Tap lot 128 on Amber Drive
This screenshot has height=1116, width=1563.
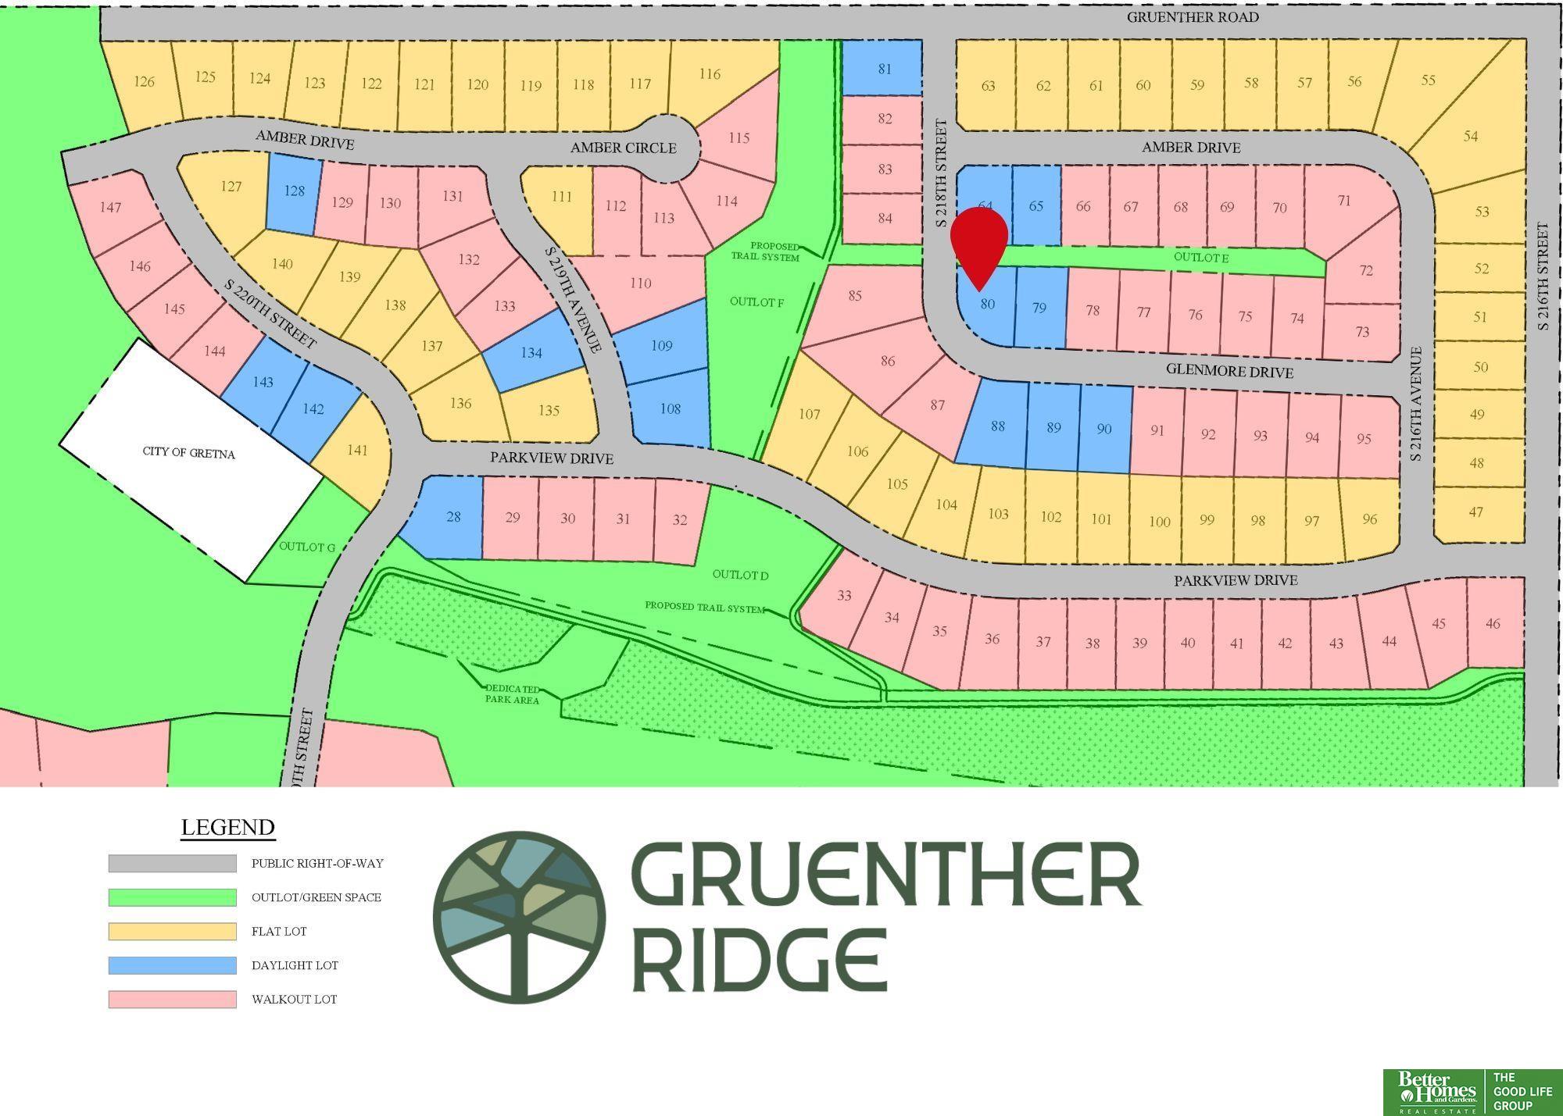click(294, 191)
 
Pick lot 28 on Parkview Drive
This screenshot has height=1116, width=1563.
click(452, 517)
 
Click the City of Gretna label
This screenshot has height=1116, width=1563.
click(188, 453)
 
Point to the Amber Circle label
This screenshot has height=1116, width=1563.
click(623, 148)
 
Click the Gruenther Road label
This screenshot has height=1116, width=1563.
click(1192, 17)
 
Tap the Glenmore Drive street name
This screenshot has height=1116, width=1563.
click(1229, 372)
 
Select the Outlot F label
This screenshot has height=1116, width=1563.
click(756, 301)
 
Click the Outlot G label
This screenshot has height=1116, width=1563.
click(307, 547)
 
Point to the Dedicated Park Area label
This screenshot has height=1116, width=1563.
click(513, 694)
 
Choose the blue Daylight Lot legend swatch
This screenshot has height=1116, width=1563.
click(172, 965)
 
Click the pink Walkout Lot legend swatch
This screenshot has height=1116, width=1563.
click(172, 999)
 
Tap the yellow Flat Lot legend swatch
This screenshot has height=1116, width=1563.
click(172, 931)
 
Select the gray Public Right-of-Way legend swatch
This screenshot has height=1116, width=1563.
click(172, 863)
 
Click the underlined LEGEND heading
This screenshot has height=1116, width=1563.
click(227, 827)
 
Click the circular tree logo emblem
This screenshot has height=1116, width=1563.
click(519, 916)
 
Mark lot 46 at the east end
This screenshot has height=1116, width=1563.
click(1493, 623)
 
